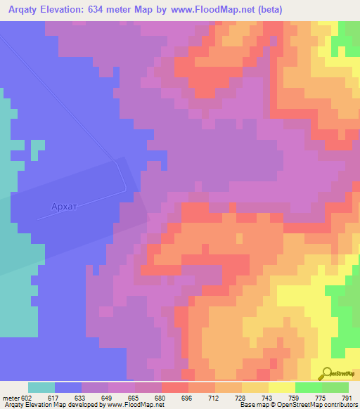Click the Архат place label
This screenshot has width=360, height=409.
(x=67, y=207)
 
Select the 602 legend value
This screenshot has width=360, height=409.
(x=27, y=398)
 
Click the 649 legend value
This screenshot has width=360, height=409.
(x=108, y=398)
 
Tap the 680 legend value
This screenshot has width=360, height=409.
(x=161, y=398)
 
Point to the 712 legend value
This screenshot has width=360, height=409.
(x=214, y=398)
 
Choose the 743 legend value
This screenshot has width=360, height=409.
(x=268, y=398)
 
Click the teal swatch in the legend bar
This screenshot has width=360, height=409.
(x=41, y=387)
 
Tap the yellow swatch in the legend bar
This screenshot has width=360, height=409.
(x=281, y=387)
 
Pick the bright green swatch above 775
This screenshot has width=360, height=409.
(x=308, y=387)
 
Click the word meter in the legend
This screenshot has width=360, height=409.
(x=10, y=398)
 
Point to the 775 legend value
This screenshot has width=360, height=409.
(x=321, y=398)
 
